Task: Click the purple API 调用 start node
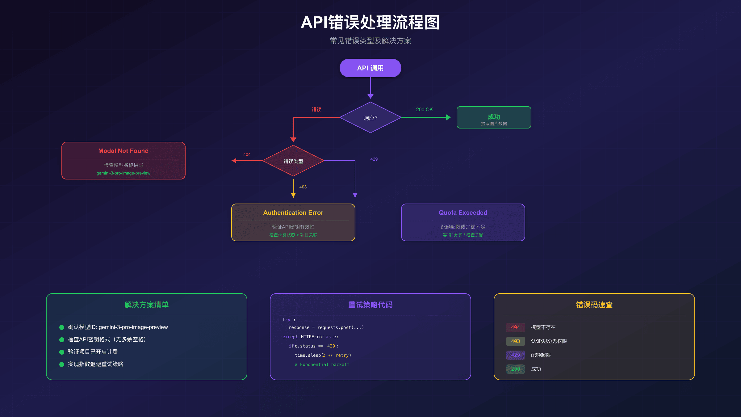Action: click(370, 68)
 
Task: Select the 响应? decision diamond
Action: click(370, 118)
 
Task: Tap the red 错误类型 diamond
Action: click(293, 161)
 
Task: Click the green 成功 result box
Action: click(494, 117)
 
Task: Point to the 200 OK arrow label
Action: click(424, 110)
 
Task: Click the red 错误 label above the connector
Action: click(316, 110)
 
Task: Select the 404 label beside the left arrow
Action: click(247, 155)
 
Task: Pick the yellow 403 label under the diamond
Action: click(303, 187)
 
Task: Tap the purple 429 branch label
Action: click(374, 159)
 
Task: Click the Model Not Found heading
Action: click(123, 151)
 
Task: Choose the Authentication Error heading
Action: click(293, 213)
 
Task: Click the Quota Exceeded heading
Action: click(463, 213)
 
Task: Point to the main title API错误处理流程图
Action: click(370, 23)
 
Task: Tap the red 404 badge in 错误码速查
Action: click(515, 327)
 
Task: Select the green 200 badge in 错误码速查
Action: click(515, 369)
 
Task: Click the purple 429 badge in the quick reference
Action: click(515, 355)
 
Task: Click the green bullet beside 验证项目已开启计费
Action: click(62, 352)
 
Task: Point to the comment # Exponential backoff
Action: click(322, 365)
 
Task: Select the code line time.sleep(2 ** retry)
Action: click(323, 356)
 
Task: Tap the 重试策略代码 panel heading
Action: click(370, 305)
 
